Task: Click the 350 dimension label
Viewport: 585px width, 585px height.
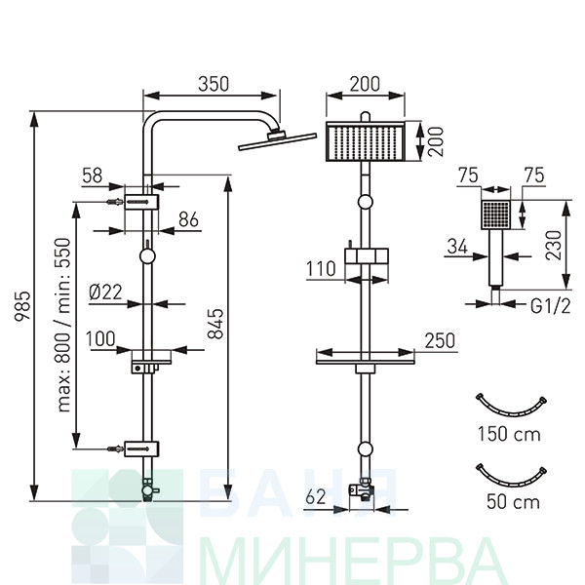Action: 214,84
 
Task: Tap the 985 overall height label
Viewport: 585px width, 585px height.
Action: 21,305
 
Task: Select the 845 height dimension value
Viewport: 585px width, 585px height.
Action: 215,324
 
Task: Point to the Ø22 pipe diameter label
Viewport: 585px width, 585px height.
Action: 106,292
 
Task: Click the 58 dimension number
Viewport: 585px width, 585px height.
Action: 93,175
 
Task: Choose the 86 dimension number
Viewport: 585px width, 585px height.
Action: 188,219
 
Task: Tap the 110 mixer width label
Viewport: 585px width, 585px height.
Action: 321,269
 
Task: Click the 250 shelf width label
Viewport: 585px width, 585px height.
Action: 441,340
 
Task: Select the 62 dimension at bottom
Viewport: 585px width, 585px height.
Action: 316,496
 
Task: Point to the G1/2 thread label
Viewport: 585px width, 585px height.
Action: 550,307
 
